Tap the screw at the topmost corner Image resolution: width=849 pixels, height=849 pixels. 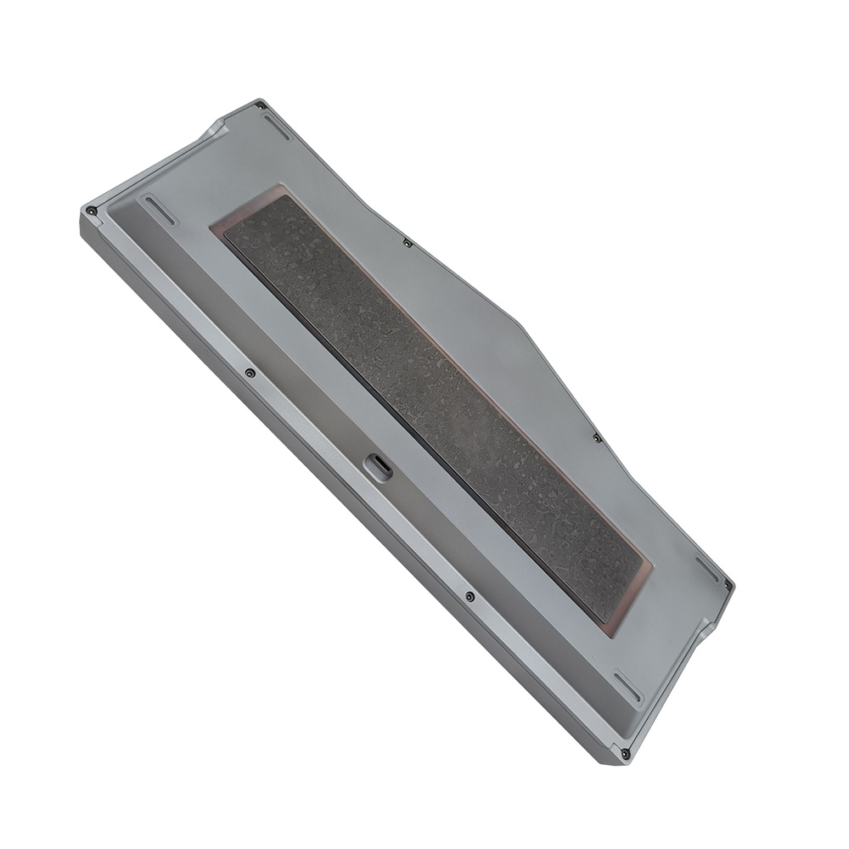click(260, 106)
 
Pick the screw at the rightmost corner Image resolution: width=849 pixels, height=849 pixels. click(728, 584)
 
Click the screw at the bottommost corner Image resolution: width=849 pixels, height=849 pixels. click(625, 752)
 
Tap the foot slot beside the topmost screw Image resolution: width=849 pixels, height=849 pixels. click(275, 127)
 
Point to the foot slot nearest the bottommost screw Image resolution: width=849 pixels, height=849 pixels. click(629, 687)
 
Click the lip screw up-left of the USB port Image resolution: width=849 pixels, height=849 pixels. click(249, 372)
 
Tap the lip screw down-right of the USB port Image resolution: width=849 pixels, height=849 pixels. click(469, 596)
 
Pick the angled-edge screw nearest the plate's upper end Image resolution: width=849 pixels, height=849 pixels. click(408, 244)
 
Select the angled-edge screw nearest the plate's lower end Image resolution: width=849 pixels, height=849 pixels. click(597, 438)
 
